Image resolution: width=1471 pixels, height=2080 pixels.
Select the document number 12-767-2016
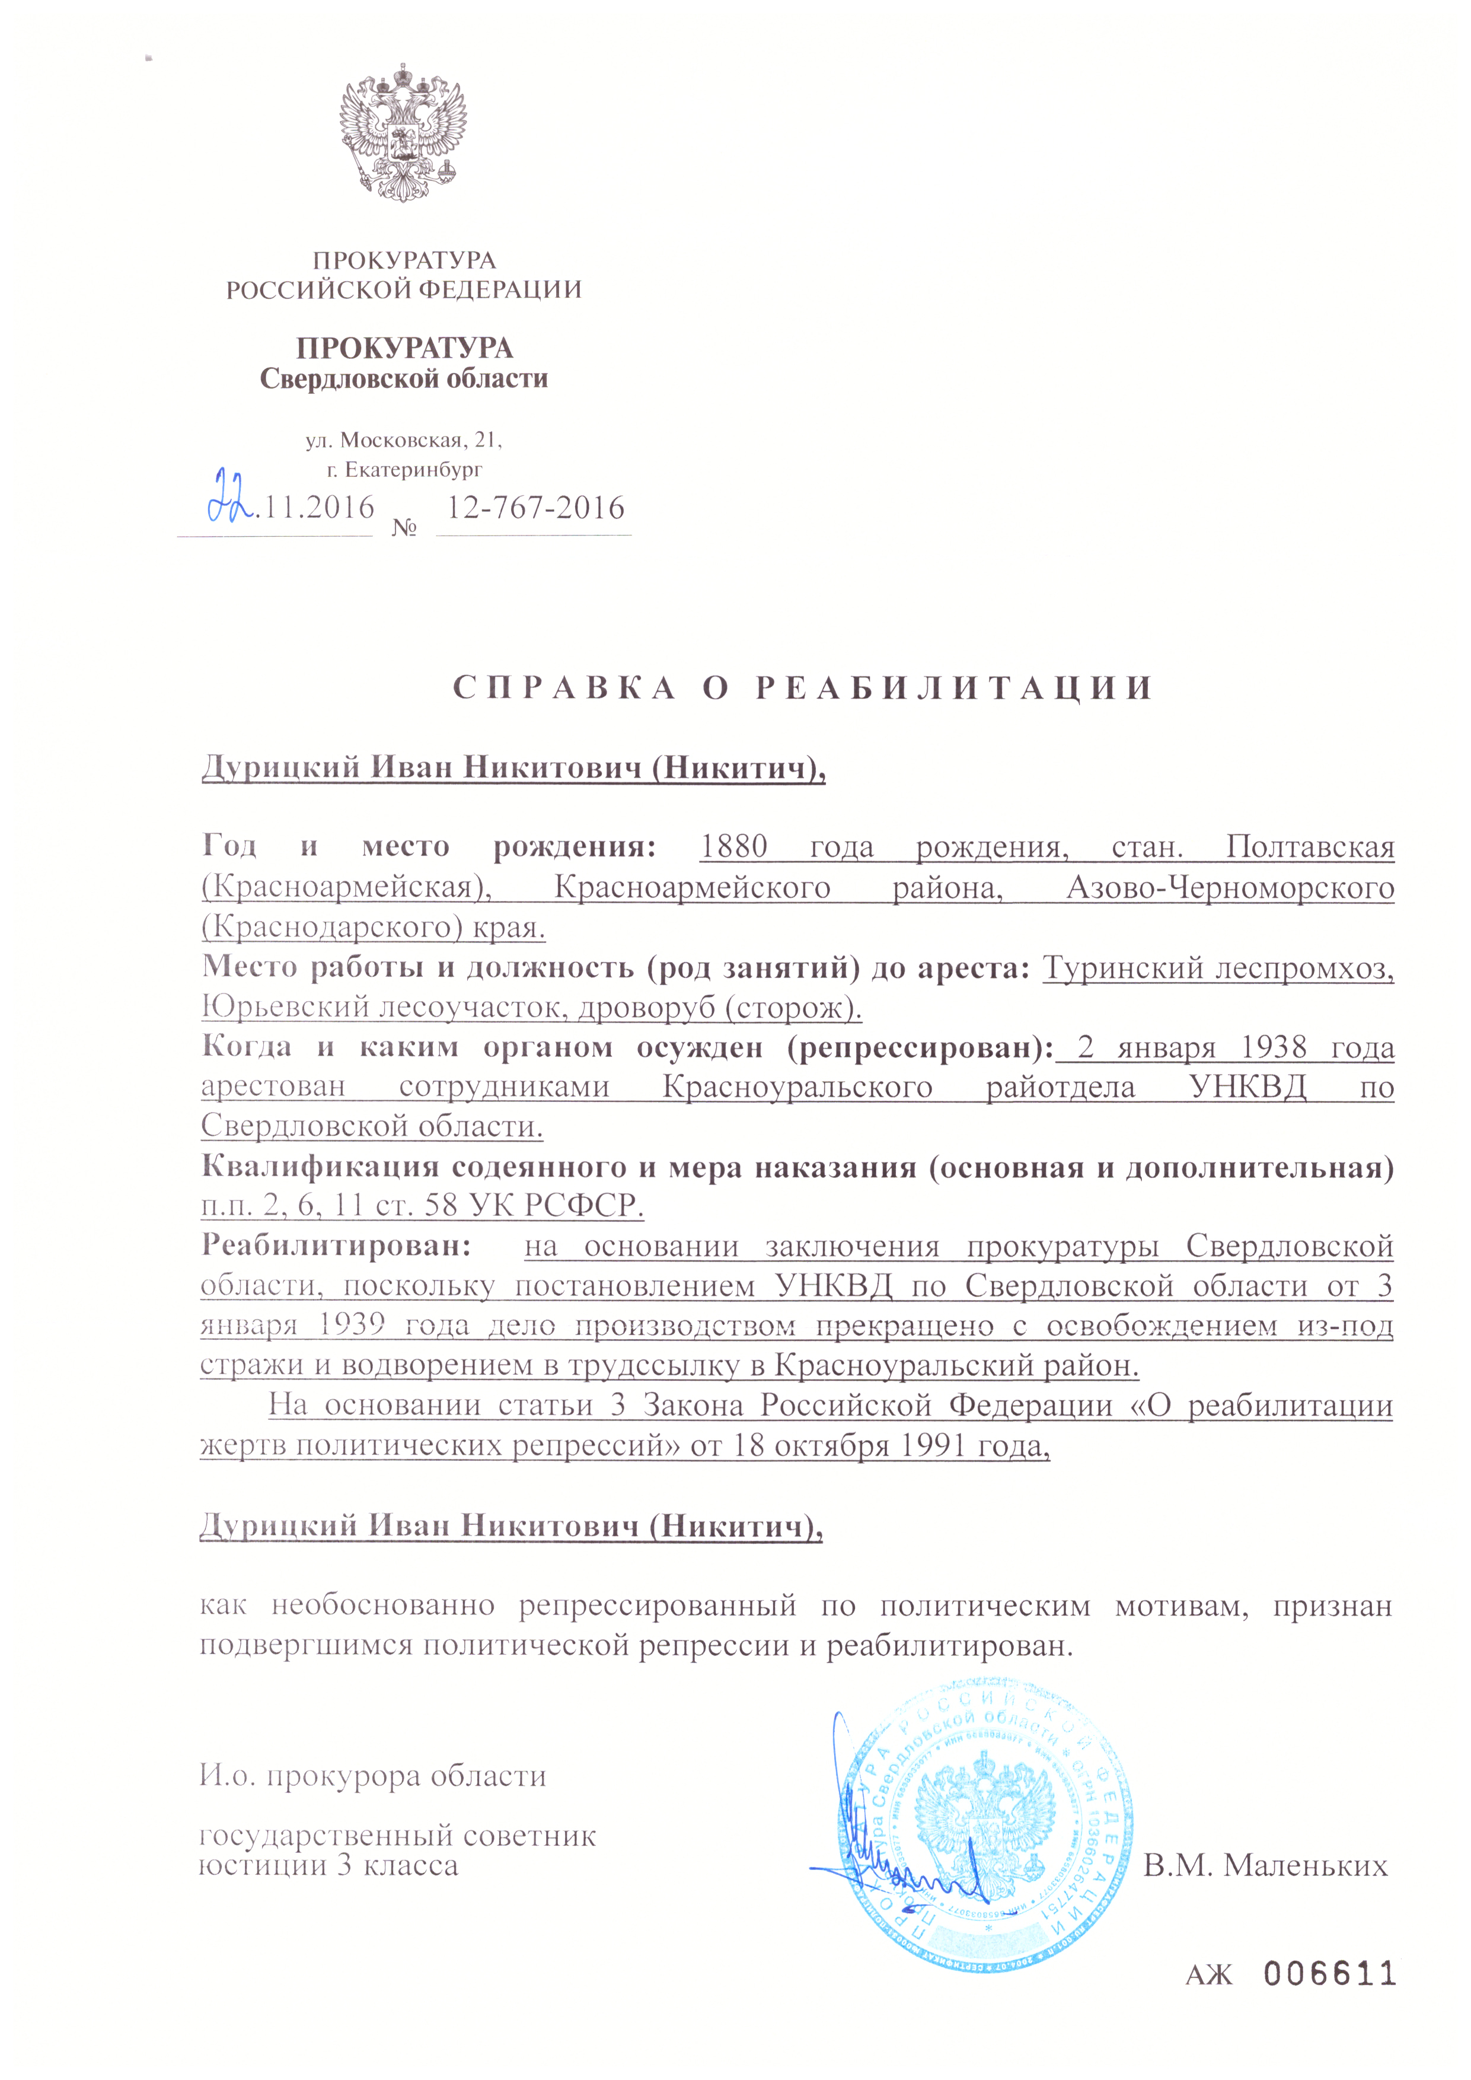point(535,507)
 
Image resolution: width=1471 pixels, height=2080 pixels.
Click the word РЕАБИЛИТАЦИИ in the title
point(954,689)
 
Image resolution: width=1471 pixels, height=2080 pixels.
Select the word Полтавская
point(1310,846)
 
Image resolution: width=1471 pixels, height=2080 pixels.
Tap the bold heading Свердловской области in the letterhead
point(404,378)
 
